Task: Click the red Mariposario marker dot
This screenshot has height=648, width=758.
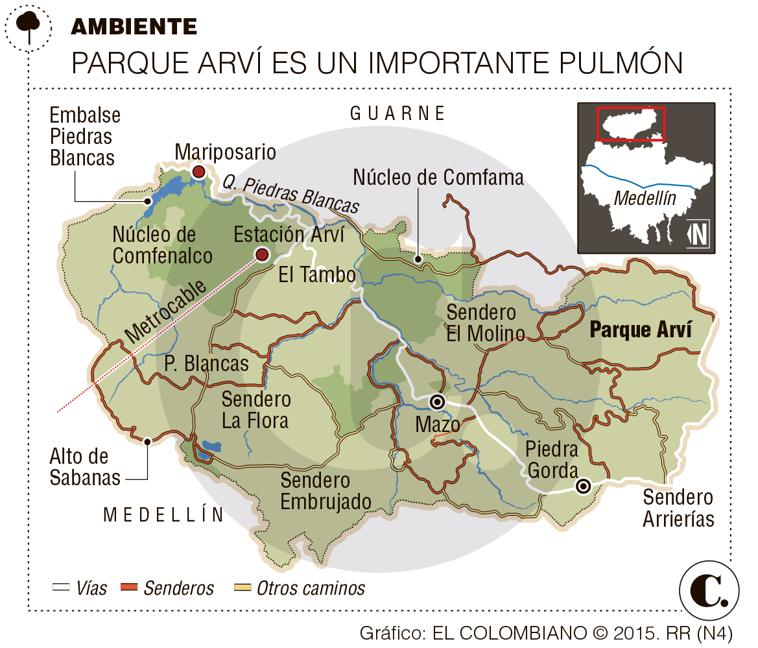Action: [199, 172]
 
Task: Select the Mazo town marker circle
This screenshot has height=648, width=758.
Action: [438, 402]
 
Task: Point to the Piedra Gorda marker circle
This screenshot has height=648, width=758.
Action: [584, 485]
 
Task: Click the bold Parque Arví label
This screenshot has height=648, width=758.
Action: [640, 330]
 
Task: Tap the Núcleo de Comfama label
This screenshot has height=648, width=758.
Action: [438, 176]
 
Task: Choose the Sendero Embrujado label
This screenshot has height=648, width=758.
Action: [326, 491]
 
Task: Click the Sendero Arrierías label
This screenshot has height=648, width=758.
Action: [678, 508]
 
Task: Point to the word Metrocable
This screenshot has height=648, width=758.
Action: [165, 312]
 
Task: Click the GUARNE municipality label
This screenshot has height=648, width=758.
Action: [397, 114]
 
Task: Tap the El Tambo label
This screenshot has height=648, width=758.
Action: [317, 275]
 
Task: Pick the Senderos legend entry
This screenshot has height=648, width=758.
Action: [167, 588]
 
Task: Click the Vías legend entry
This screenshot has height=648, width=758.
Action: [80, 588]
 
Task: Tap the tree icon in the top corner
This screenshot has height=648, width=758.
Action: [29, 25]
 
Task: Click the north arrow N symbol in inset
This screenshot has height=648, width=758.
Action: [698, 234]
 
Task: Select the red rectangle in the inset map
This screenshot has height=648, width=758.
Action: [630, 123]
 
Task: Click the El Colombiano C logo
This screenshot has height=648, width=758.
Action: [709, 590]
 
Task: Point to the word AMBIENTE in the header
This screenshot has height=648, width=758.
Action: [134, 27]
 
